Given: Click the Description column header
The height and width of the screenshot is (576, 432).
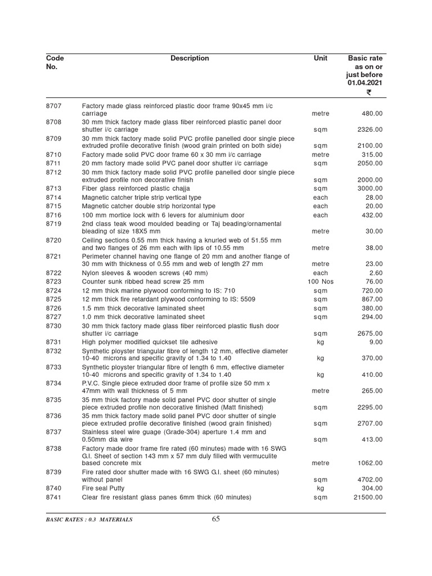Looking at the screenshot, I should point(190,58).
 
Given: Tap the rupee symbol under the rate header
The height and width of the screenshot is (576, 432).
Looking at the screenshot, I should point(368,93).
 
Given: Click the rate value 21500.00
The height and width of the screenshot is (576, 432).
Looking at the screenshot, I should point(366,497).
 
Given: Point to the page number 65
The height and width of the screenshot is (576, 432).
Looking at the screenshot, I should point(216,519).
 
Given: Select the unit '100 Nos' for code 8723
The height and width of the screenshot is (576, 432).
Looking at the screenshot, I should point(321,281).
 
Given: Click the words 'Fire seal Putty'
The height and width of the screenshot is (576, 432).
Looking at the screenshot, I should point(103,488).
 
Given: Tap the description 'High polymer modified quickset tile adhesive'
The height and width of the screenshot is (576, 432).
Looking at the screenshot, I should point(150,342).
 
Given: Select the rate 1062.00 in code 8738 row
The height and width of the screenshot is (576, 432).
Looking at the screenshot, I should point(369,463).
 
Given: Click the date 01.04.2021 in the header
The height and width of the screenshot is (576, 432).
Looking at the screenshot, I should point(364,83).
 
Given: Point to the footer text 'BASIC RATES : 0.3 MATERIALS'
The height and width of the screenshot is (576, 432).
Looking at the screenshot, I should point(89,520).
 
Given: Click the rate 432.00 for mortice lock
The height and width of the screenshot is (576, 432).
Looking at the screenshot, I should point(372,215).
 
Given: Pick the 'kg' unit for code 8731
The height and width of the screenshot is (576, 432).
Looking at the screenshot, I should point(321,342).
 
